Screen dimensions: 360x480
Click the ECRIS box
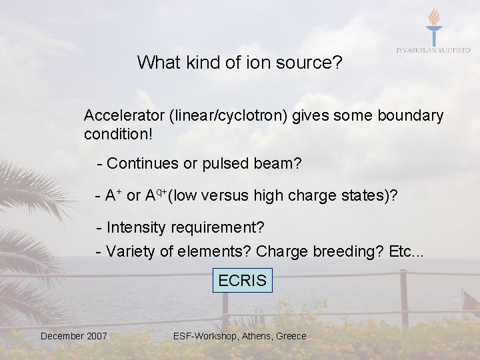[x=242, y=281]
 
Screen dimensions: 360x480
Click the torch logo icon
[x=433, y=27]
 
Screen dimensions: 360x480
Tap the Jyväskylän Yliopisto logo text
[x=433, y=51]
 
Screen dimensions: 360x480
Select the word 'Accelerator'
[x=124, y=116]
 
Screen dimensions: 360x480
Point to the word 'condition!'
[x=118, y=135]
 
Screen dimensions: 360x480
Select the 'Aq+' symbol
[x=155, y=195]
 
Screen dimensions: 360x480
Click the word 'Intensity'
[x=137, y=227]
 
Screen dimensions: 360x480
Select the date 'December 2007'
[x=73, y=336]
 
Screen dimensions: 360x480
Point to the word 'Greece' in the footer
[x=291, y=336]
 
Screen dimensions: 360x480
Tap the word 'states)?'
[x=369, y=195]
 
